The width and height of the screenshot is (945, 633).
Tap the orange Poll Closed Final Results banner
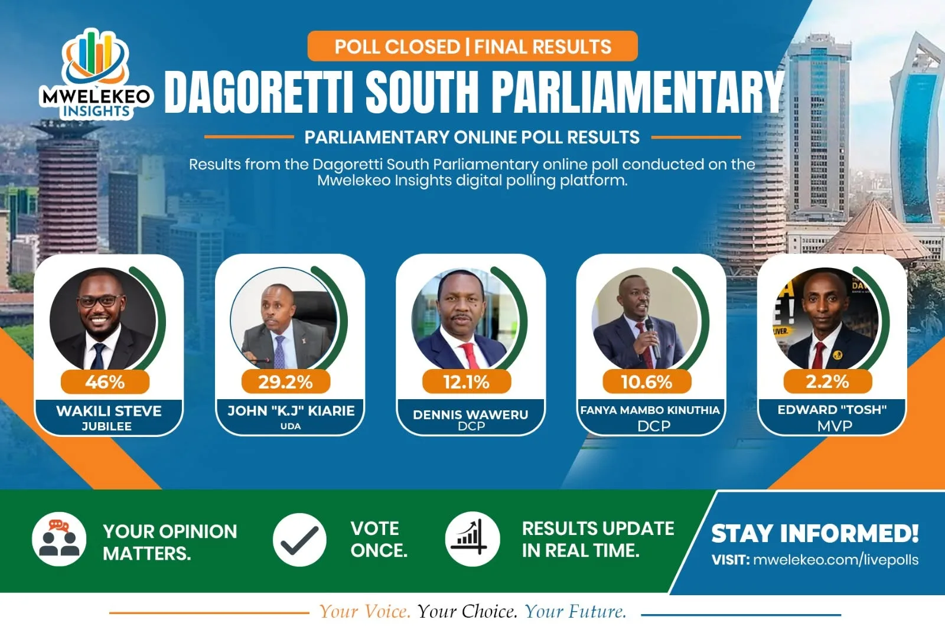pos(472,46)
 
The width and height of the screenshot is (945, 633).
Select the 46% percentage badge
pos(105,381)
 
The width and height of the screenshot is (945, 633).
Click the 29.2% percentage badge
pos(286,381)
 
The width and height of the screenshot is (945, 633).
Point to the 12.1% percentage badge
pos(467,381)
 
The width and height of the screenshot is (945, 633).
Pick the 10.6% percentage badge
pos(647,381)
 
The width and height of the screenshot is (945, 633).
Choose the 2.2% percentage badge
pos(827,381)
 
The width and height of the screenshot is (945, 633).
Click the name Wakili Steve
pos(109,411)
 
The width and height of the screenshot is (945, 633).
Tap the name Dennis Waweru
pos(470,415)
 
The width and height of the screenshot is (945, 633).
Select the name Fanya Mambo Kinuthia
pos(650,410)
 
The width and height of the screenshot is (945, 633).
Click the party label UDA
pos(291,426)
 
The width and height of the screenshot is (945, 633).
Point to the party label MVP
pos(835,426)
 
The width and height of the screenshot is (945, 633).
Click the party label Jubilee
pos(107,426)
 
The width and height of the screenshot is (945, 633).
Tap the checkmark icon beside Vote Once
pos(299,539)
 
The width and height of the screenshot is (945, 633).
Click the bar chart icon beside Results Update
pos(472,539)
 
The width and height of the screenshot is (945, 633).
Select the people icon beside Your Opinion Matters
pos(59,539)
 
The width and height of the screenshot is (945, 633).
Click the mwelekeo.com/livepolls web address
pos(836,560)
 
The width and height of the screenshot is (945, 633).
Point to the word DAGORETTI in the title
pos(258,92)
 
